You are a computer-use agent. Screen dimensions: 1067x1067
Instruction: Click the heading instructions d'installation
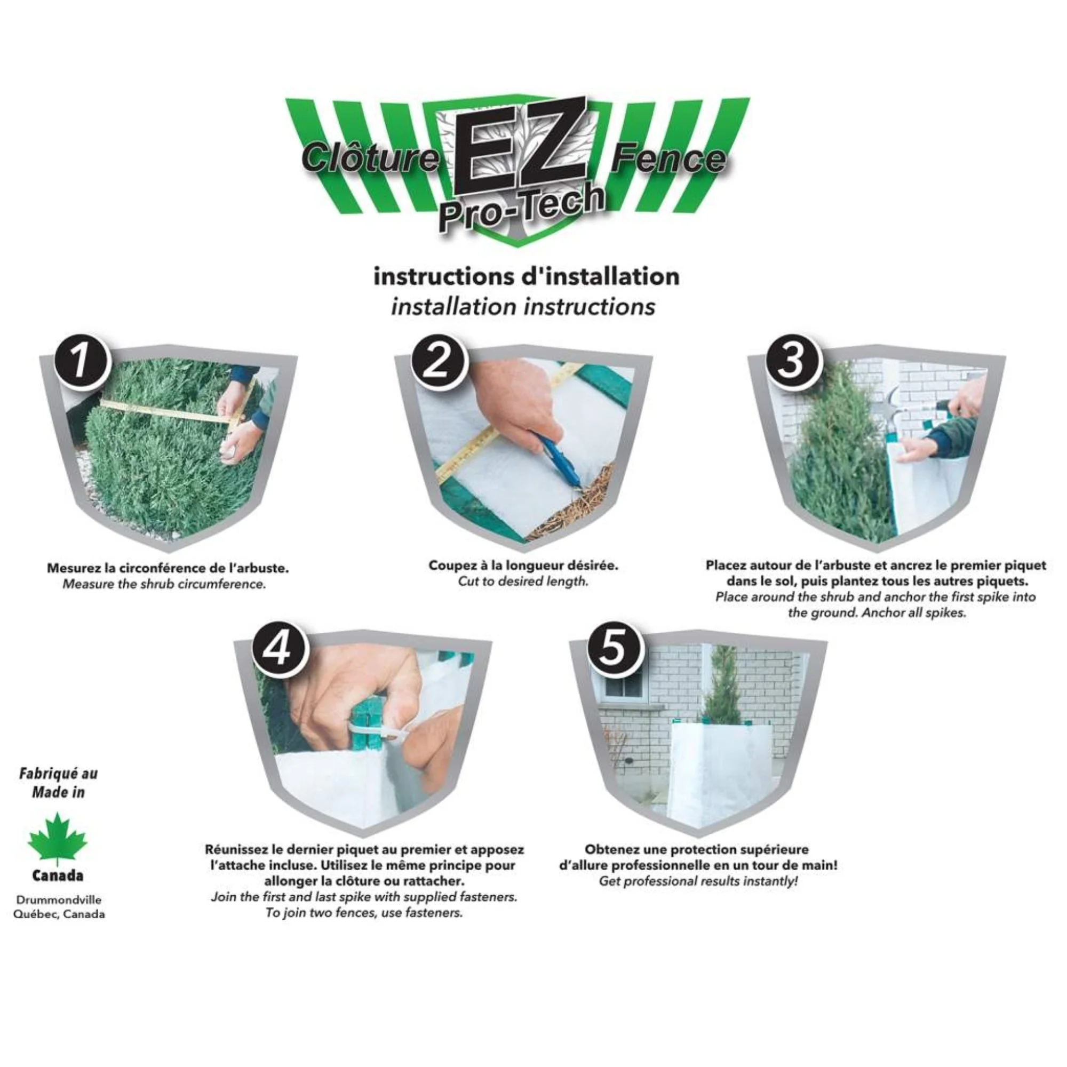pyautogui.click(x=527, y=276)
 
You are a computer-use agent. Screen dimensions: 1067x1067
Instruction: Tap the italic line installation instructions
pyautogui.click(x=523, y=307)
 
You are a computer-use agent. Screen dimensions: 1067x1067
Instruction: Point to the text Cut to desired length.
pyautogui.click(x=523, y=581)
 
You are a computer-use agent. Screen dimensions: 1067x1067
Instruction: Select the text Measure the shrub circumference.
pyautogui.click(x=164, y=584)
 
